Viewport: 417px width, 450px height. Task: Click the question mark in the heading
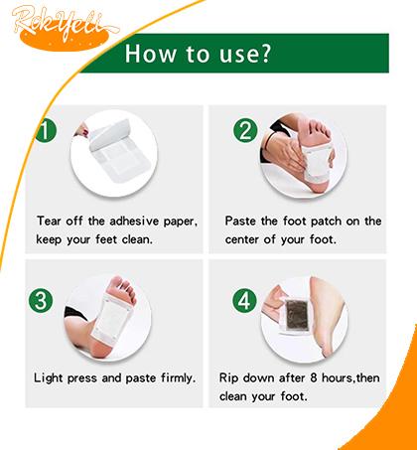264,53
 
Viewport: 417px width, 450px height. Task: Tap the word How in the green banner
150,54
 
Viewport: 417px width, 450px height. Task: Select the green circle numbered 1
46,130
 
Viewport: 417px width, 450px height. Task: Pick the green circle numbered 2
245,130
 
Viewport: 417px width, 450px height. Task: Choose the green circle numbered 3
41,300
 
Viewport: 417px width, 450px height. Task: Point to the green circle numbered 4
245,300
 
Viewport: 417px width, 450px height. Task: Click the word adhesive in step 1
134,222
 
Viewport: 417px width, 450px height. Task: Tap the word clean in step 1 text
137,239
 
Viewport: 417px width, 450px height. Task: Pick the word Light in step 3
49,377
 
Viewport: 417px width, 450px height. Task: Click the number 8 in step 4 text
314,377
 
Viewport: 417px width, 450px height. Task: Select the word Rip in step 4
228,378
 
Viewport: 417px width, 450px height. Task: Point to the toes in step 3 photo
123,287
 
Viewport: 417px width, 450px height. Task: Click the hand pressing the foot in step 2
285,153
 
